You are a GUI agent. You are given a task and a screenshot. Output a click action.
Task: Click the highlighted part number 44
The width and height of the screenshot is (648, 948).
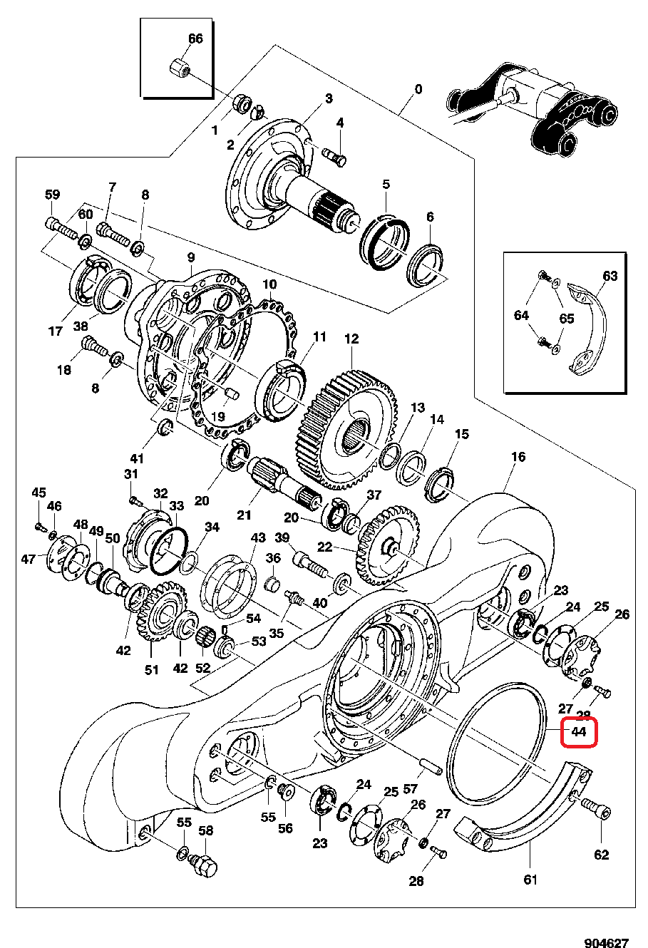click(x=578, y=733)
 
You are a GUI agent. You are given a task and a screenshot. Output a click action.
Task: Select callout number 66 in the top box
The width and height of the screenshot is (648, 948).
click(x=195, y=38)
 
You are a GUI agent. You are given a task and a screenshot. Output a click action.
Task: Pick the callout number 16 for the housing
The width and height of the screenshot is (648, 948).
click(x=518, y=456)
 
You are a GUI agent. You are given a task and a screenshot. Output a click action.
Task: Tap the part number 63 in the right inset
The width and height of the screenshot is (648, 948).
click(x=610, y=276)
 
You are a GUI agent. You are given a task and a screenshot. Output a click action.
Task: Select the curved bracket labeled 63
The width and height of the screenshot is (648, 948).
click(x=588, y=328)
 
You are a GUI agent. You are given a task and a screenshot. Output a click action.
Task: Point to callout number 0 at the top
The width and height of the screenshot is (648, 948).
click(x=418, y=89)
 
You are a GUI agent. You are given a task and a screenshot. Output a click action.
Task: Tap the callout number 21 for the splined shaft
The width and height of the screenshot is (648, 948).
click(x=245, y=515)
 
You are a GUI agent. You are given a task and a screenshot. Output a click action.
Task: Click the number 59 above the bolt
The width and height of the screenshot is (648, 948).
click(x=53, y=194)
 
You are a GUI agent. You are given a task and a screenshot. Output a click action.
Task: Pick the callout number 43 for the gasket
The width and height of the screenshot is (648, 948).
click(x=257, y=537)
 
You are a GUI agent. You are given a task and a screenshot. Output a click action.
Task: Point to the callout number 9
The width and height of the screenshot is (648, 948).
click(x=190, y=257)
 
